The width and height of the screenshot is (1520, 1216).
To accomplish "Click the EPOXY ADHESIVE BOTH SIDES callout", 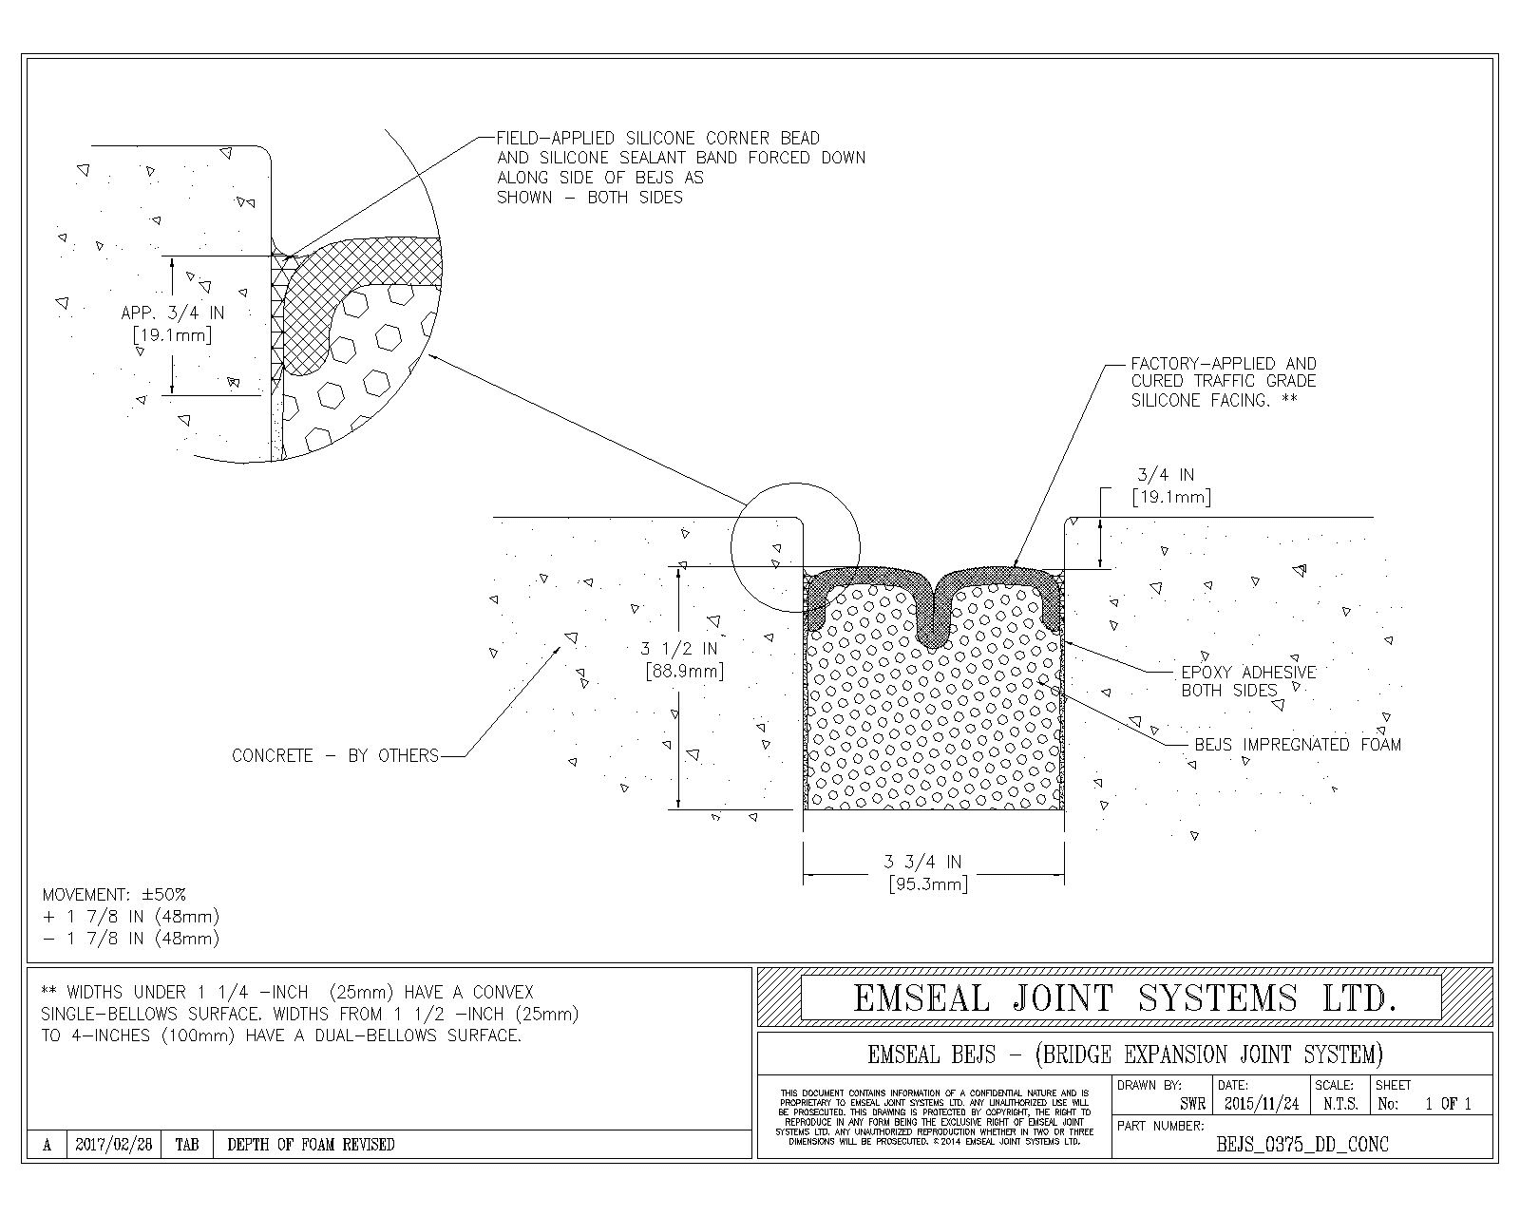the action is point(1248,681).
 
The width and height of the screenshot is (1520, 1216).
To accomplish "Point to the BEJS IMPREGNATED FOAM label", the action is point(1298,744).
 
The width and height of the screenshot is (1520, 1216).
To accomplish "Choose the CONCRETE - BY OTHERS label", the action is point(335,755).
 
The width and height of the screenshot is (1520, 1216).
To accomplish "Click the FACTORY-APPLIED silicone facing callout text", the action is point(1224,382).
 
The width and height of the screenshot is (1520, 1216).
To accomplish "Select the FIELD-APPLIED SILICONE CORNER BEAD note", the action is point(681,167).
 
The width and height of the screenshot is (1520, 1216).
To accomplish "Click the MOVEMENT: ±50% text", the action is point(114,895).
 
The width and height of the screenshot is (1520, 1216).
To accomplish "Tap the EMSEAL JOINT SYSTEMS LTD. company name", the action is point(1125,997).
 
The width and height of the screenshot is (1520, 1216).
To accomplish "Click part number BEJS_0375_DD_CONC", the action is point(1301,1144).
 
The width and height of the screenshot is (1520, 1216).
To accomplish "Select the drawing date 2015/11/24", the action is point(1262,1104).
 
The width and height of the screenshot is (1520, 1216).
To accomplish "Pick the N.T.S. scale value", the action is point(1340,1104).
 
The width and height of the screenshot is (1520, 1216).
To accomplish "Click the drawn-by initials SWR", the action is point(1192,1104).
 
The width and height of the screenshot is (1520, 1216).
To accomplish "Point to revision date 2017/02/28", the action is point(114,1144).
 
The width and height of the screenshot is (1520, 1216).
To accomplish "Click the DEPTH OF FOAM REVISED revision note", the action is point(311,1144).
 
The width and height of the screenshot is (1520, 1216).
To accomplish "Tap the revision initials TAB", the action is point(186,1144).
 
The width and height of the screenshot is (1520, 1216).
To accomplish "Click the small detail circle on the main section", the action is point(795,484).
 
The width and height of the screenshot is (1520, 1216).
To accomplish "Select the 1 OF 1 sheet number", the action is point(1447,1104).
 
